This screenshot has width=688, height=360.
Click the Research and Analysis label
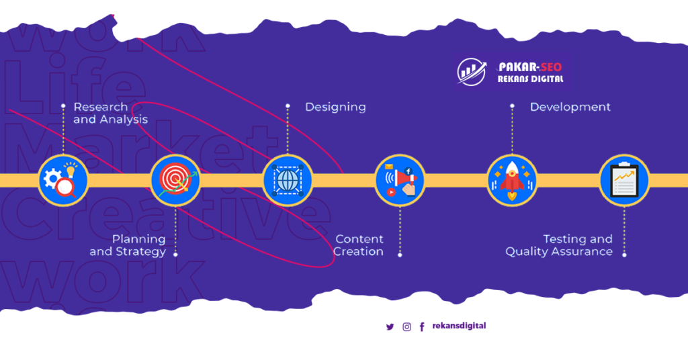[x=110, y=113]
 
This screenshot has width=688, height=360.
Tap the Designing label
[x=335, y=107]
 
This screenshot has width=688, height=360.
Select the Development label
[x=570, y=107]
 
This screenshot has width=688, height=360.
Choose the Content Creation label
[x=359, y=245]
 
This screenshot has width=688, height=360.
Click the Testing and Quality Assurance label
[x=559, y=245]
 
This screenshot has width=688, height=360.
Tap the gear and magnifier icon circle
[x=63, y=180]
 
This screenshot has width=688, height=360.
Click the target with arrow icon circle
[x=175, y=180]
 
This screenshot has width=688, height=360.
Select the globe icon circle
[x=288, y=180]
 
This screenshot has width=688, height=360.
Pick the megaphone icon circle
[x=400, y=180]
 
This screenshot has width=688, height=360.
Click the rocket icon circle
[x=512, y=180]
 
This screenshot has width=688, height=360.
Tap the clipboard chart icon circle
[x=624, y=180]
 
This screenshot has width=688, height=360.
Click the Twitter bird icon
[x=390, y=327]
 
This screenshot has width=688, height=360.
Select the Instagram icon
[x=406, y=327]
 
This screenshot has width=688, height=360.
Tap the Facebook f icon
[x=422, y=327]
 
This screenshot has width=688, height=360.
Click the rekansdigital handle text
[x=459, y=326]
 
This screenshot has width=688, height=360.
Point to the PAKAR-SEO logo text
[x=530, y=66]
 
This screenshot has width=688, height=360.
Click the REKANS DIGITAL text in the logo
[x=530, y=79]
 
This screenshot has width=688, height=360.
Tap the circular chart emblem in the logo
[x=472, y=72]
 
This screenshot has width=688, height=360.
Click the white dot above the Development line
[x=512, y=105]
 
